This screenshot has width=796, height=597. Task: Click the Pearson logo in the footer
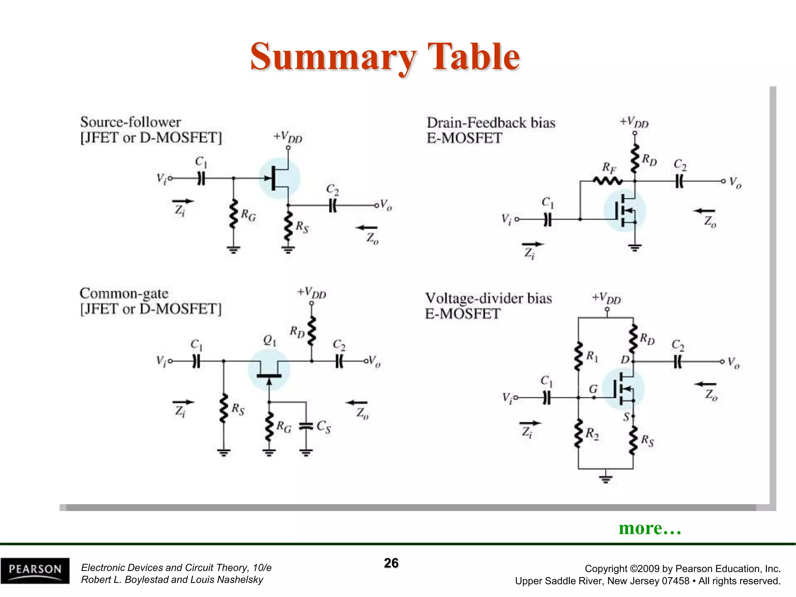tap(35, 571)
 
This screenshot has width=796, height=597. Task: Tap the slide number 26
tap(391, 563)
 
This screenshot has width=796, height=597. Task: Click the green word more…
tap(650, 528)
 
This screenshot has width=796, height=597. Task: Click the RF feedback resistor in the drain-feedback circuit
tap(607, 181)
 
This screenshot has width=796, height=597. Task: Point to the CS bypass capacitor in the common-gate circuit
tap(306, 426)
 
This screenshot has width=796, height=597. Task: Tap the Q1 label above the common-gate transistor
tap(269, 340)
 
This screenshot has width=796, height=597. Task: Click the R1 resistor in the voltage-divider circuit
tap(578, 356)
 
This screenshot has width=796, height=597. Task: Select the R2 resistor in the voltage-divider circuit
tap(578, 433)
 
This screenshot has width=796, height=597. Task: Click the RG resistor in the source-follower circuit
tap(233, 214)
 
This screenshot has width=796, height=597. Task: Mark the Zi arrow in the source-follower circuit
tap(183, 201)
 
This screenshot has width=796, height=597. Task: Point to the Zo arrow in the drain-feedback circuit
tap(704, 211)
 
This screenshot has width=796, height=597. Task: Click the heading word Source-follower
tap(131, 122)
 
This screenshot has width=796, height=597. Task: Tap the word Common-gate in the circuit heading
tap(124, 293)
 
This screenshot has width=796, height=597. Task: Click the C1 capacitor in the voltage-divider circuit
tap(546, 398)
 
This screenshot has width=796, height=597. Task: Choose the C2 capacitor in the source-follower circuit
tap(332, 205)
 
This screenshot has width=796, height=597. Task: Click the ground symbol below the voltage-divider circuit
tap(606, 478)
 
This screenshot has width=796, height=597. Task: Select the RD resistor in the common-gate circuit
tap(311, 331)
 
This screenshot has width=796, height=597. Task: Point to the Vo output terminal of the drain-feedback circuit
tap(723, 181)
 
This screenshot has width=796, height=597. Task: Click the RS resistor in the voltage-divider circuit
tap(633, 440)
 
